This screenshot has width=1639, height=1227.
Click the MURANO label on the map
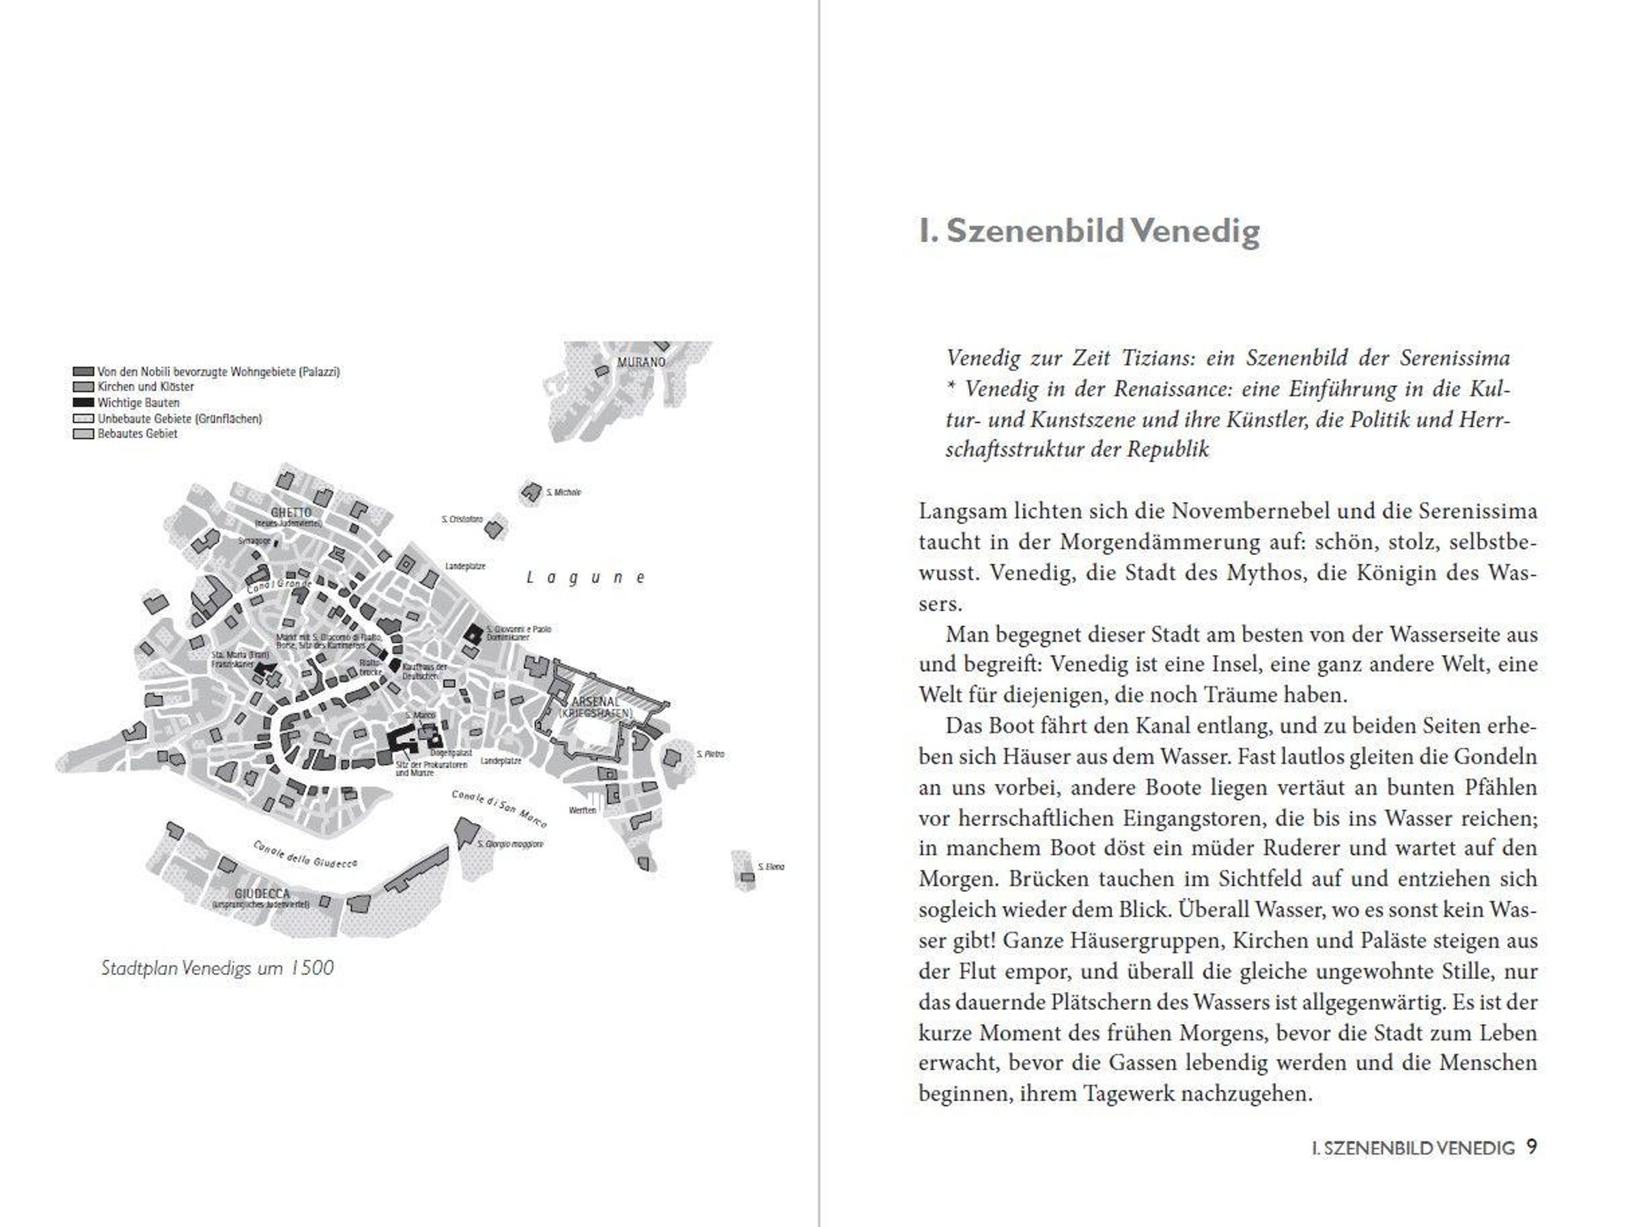(x=642, y=363)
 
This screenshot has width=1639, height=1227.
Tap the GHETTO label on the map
(x=291, y=513)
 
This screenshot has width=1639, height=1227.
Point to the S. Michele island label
(x=563, y=492)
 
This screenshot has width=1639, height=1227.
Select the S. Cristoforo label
(x=462, y=520)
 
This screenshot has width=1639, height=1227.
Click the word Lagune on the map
(x=585, y=578)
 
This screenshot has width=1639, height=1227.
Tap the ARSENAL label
(x=595, y=701)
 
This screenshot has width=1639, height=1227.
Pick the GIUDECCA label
(x=262, y=894)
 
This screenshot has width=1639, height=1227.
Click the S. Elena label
(x=770, y=866)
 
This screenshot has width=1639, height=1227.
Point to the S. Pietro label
(x=710, y=754)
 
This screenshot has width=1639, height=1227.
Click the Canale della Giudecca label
(x=305, y=854)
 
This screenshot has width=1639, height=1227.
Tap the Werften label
(x=583, y=810)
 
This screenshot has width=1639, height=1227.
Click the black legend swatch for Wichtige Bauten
(x=83, y=403)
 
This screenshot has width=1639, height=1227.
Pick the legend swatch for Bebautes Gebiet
(x=83, y=434)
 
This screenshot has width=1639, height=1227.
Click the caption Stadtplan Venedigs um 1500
(x=217, y=968)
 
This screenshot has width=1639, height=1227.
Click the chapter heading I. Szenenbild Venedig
(x=1089, y=231)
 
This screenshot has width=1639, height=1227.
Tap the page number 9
(x=1532, y=1148)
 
